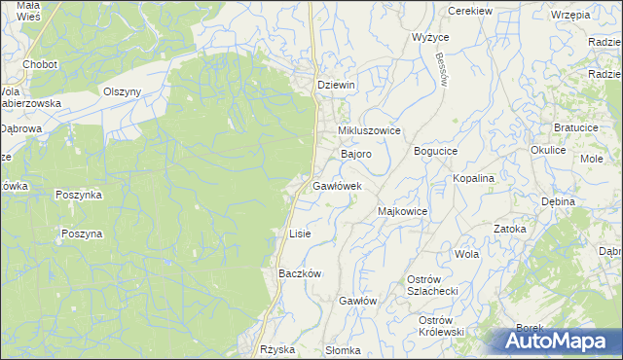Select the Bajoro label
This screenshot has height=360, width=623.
pyautogui.click(x=355, y=155)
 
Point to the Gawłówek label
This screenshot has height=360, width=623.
pyautogui.click(x=338, y=185)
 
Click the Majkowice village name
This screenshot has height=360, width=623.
pyautogui.click(x=402, y=210)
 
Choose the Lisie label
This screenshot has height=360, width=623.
pyautogui.click(x=300, y=234)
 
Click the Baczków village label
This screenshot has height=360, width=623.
pyautogui.click(x=300, y=274)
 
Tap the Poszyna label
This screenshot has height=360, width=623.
pyautogui.click(x=81, y=234)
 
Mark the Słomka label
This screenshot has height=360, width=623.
pyautogui.click(x=344, y=350)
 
